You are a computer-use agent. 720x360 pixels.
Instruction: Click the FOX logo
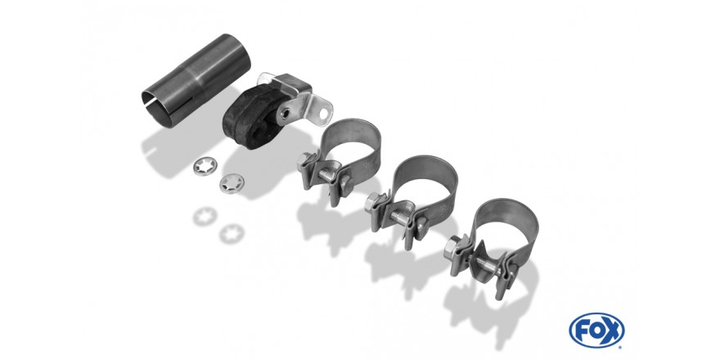(596, 331)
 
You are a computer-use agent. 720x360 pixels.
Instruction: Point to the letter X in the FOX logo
(612, 331)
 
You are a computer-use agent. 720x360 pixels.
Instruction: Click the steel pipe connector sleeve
(196, 79)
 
